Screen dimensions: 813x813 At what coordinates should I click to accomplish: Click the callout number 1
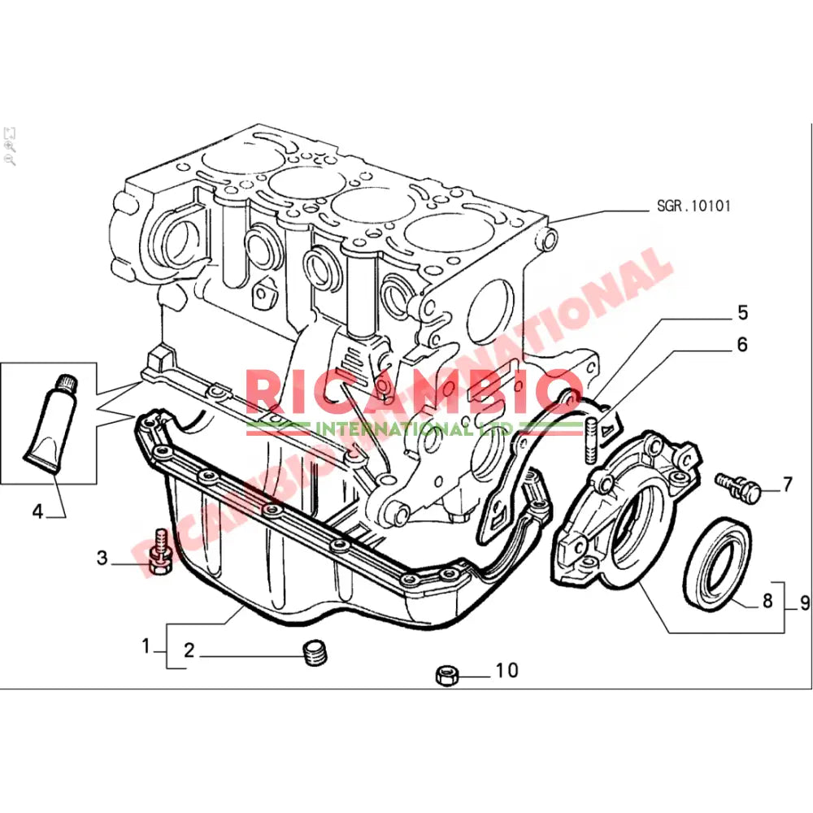(146, 647)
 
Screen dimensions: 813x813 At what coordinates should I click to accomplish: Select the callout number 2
(189, 650)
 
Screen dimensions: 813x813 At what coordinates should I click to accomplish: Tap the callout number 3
(102, 558)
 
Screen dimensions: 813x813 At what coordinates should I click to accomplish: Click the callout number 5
(742, 312)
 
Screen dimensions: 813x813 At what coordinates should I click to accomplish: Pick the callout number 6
(741, 345)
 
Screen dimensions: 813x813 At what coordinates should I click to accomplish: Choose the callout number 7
(786, 485)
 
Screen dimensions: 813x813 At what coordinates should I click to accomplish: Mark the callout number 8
(766, 602)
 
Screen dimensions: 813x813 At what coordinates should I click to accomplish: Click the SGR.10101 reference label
(693, 207)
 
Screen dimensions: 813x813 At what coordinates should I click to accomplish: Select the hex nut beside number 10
(446, 674)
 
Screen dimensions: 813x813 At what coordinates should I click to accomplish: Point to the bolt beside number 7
(739, 485)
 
